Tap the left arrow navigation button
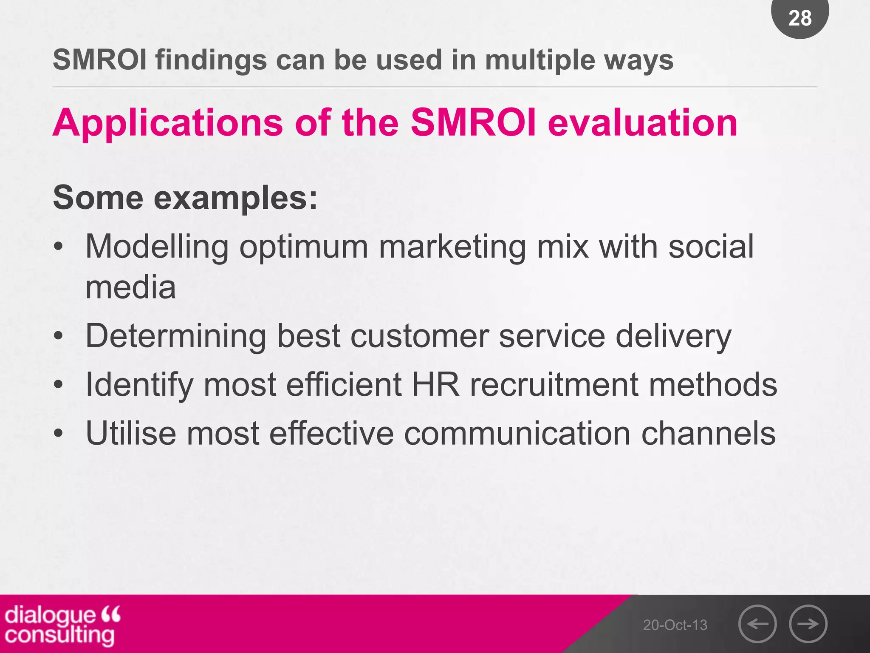757,624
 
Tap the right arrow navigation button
808,624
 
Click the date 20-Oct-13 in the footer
675,625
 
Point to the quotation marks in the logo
111,614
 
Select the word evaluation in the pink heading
642,123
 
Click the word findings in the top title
211,60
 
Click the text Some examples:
185,198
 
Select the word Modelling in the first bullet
157,247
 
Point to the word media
131,287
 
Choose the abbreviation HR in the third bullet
435,385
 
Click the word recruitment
554,385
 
